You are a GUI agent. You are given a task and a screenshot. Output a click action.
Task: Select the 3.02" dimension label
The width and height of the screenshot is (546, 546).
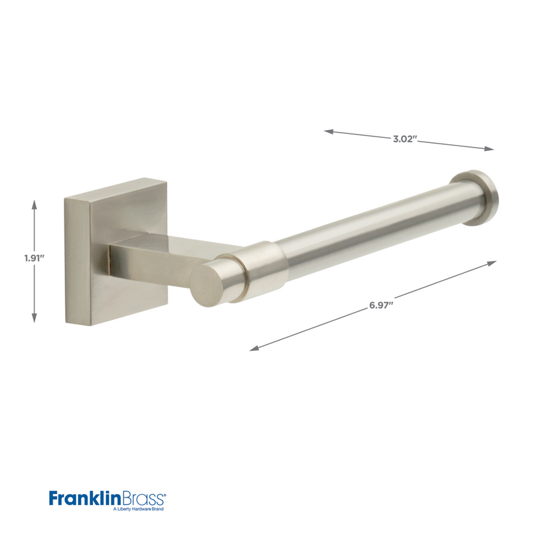tap(404, 139)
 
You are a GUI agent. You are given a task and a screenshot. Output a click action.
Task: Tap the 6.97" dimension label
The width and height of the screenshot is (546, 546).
tap(382, 305)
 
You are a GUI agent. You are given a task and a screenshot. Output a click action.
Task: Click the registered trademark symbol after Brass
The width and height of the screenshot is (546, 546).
tap(166, 494)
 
